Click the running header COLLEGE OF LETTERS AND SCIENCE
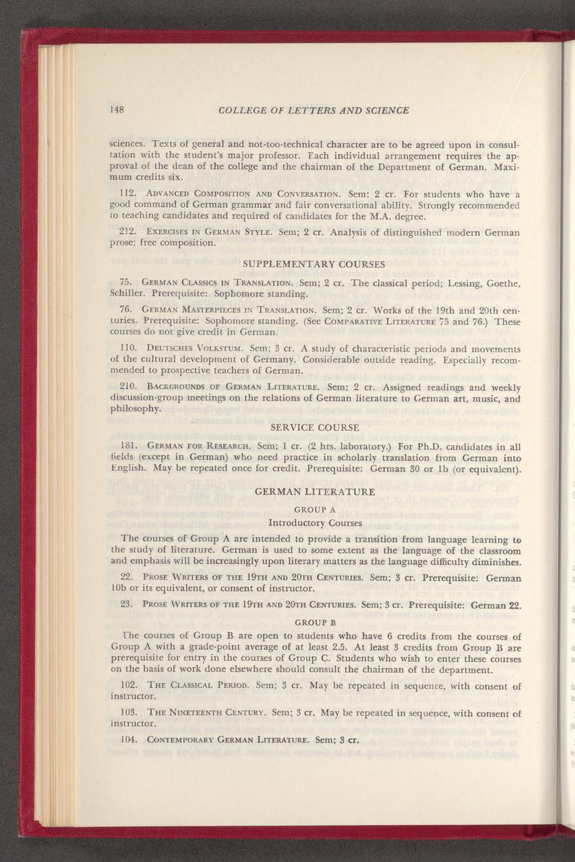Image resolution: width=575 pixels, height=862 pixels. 314,111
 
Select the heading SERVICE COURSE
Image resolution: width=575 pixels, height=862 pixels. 315,428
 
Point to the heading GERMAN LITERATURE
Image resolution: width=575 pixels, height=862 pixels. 315,492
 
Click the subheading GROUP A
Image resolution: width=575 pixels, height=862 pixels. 315,508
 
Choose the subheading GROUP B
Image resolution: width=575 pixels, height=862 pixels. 315,622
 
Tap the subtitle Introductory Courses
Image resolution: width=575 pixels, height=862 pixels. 315,522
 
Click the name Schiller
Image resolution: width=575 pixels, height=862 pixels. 127,293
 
